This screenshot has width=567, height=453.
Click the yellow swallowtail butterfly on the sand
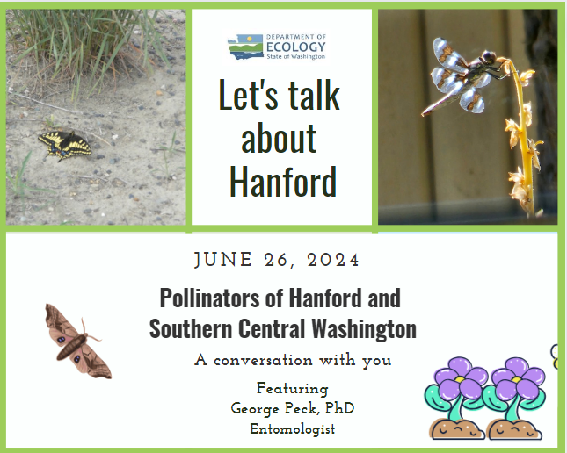pos(65,146)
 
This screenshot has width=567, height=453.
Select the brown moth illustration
pos(77,342)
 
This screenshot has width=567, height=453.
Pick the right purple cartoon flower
pos(515,398)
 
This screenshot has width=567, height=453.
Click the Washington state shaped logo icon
pos(245,47)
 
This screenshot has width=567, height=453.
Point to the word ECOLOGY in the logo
pos(295,47)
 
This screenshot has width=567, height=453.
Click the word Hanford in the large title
pos(283,181)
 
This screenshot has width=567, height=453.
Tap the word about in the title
pos(279,138)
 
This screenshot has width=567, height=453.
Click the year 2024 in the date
pos(333,260)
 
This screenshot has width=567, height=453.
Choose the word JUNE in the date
pos(223,260)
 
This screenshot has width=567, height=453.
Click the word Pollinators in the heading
pos(210,298)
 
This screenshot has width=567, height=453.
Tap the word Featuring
pos(293,389)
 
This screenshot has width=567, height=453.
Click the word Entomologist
pos(293,429)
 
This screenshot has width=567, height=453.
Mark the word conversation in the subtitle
pos(263,361)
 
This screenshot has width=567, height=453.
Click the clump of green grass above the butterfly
pos(87,47)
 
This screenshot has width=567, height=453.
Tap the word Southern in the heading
pos(191,328)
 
